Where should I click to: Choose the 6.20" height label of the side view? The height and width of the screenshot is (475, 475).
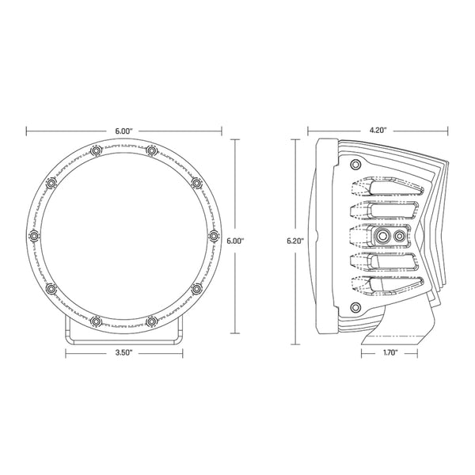click(294, 241)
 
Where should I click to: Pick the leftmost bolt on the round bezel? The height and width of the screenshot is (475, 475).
click(33, 235)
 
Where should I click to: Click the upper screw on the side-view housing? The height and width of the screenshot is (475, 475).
click(355, 164)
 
